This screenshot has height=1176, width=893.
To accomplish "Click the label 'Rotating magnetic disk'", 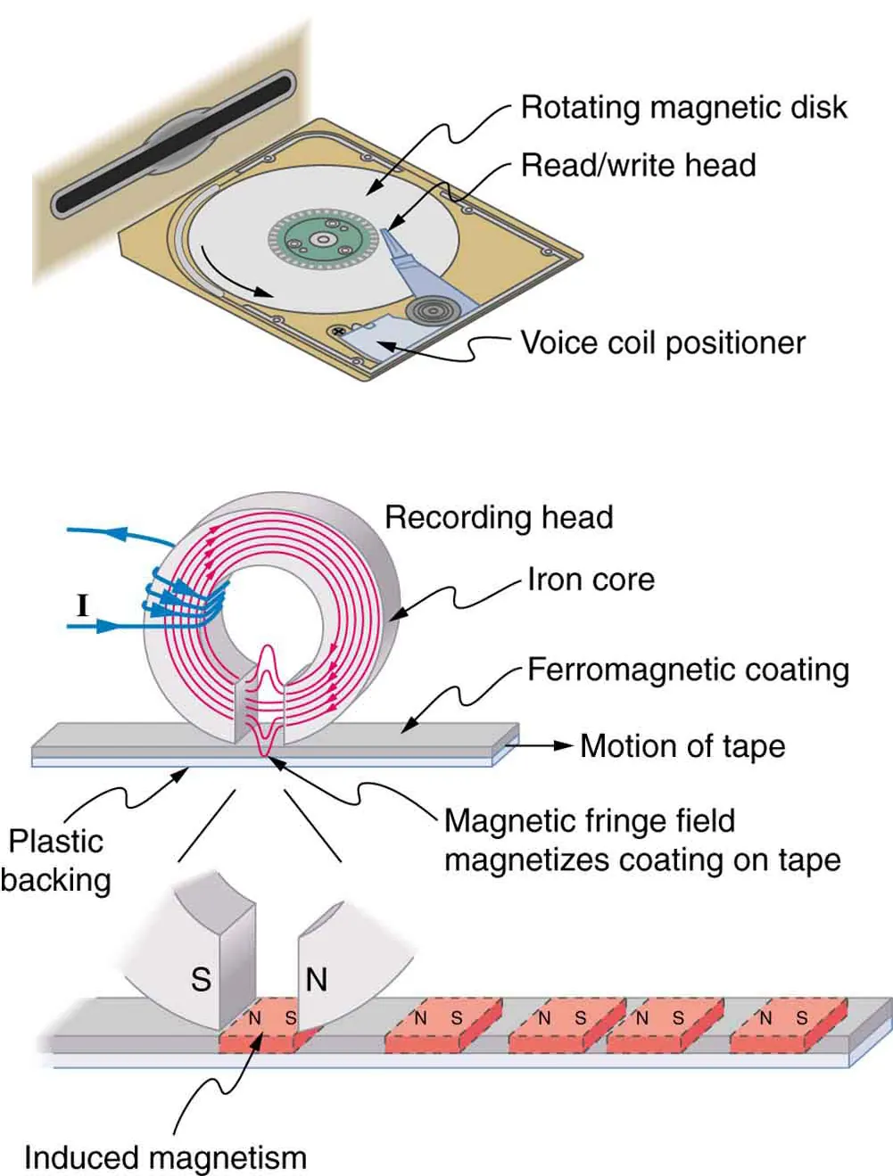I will pos(682,107).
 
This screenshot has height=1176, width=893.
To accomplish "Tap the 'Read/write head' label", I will pos(638,165).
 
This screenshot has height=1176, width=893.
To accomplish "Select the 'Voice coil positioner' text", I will pos(662,343).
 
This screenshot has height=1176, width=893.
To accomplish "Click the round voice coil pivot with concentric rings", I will pos(433,311).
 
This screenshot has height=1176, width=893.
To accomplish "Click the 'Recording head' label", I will pos(499,517).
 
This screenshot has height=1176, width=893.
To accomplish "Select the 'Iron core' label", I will pos(591,580).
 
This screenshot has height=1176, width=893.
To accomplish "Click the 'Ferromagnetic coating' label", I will pos(688,670).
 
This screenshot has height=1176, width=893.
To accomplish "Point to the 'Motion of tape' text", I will pos(682,746).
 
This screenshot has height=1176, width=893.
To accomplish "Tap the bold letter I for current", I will pos(83,606).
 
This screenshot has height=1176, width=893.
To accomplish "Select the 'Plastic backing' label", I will pos(55,860).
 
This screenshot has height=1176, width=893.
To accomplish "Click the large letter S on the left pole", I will pos(202,979).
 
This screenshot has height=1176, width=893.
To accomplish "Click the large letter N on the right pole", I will pos(317,979).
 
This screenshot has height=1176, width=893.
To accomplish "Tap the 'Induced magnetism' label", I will pos(165,1157).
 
